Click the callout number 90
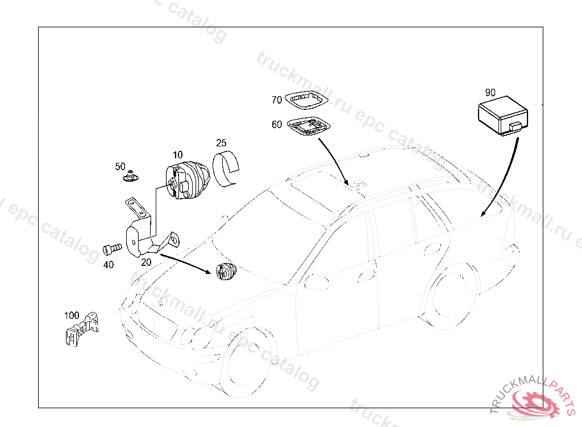(490, 92)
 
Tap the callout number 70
(277, 100)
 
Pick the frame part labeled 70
(306, 100)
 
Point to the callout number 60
(277, 124)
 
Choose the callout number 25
(221, 143)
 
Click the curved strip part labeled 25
(226, 168)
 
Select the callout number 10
(178, 155)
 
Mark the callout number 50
(120, 166)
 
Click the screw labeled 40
(112, 249)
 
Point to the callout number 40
(109, 265)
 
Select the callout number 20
(146, 262)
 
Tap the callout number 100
(72, 315)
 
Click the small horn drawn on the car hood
(226, 271)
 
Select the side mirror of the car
(316, 282)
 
